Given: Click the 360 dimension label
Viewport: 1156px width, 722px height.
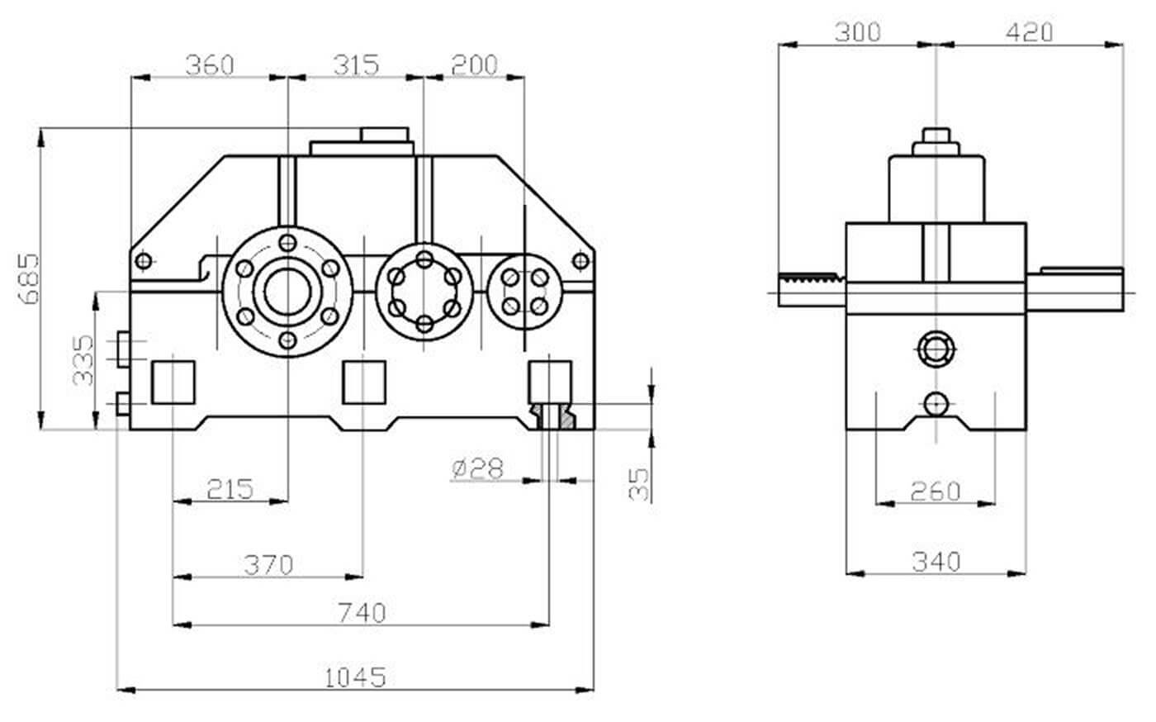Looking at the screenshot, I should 210,64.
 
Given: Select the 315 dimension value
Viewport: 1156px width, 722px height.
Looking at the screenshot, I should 356,64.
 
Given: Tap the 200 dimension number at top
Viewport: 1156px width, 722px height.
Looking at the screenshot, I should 474,64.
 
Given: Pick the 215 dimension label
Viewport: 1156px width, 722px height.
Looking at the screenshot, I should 230,488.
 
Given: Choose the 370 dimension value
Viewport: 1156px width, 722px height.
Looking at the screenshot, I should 268,565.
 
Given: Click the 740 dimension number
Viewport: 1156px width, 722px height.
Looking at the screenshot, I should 362,613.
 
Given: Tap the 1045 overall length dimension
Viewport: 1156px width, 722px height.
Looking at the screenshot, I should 355,677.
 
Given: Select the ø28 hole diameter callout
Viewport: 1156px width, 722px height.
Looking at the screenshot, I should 478,468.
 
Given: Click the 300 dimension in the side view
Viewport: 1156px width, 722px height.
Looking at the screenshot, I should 858,32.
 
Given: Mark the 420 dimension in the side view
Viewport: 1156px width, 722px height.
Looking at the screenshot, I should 1030,32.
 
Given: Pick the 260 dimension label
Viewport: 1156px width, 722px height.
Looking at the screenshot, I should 936,491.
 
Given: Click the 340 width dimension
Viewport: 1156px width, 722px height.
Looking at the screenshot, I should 936,562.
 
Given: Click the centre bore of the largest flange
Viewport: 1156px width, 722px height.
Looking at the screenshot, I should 287,292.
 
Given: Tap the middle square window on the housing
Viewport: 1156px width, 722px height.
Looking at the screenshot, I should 364,382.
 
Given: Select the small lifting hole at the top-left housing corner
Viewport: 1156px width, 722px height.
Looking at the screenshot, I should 144,261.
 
